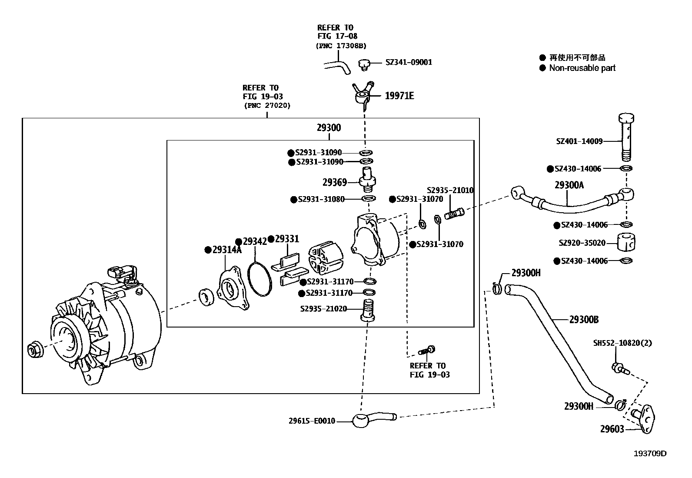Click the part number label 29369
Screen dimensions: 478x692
[335, 182]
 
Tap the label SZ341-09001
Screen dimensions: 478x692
[409, 62]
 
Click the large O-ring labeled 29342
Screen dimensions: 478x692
[259, 279]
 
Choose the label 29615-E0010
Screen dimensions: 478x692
[312, 421]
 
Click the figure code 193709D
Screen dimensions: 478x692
[650, 453]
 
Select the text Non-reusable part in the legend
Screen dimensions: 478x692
[582, 68]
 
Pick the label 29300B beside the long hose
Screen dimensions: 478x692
[584, 320]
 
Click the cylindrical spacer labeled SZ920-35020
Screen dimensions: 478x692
[626, 242]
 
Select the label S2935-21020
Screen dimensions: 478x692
[323, 309]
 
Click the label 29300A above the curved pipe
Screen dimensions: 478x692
[569, 185]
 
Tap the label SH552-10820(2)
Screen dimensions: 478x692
[622, 343]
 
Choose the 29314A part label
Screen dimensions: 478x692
[227, 250]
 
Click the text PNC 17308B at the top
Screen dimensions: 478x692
[341, 46]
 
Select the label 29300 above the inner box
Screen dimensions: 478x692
[329, 128]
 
